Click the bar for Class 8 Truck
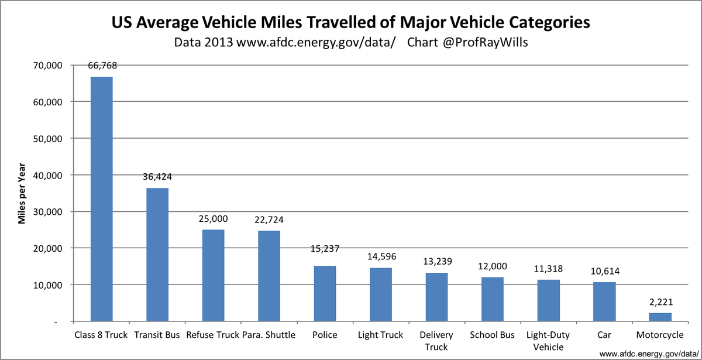tap(101, 199)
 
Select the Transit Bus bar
tap(157, 255)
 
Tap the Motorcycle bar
tap(660, 317)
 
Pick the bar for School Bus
tap(493, 299)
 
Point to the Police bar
tap(325, 293)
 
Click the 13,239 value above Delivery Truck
tap(436, 260)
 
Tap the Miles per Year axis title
tap(22, 193)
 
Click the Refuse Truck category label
tap(213, 335)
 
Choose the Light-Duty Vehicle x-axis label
tap(548, 341)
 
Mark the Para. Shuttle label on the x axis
tap(269, 335)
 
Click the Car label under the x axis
tap(604, 335)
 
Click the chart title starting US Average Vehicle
tap(350, 23)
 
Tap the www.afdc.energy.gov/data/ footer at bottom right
tap(649, 354)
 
